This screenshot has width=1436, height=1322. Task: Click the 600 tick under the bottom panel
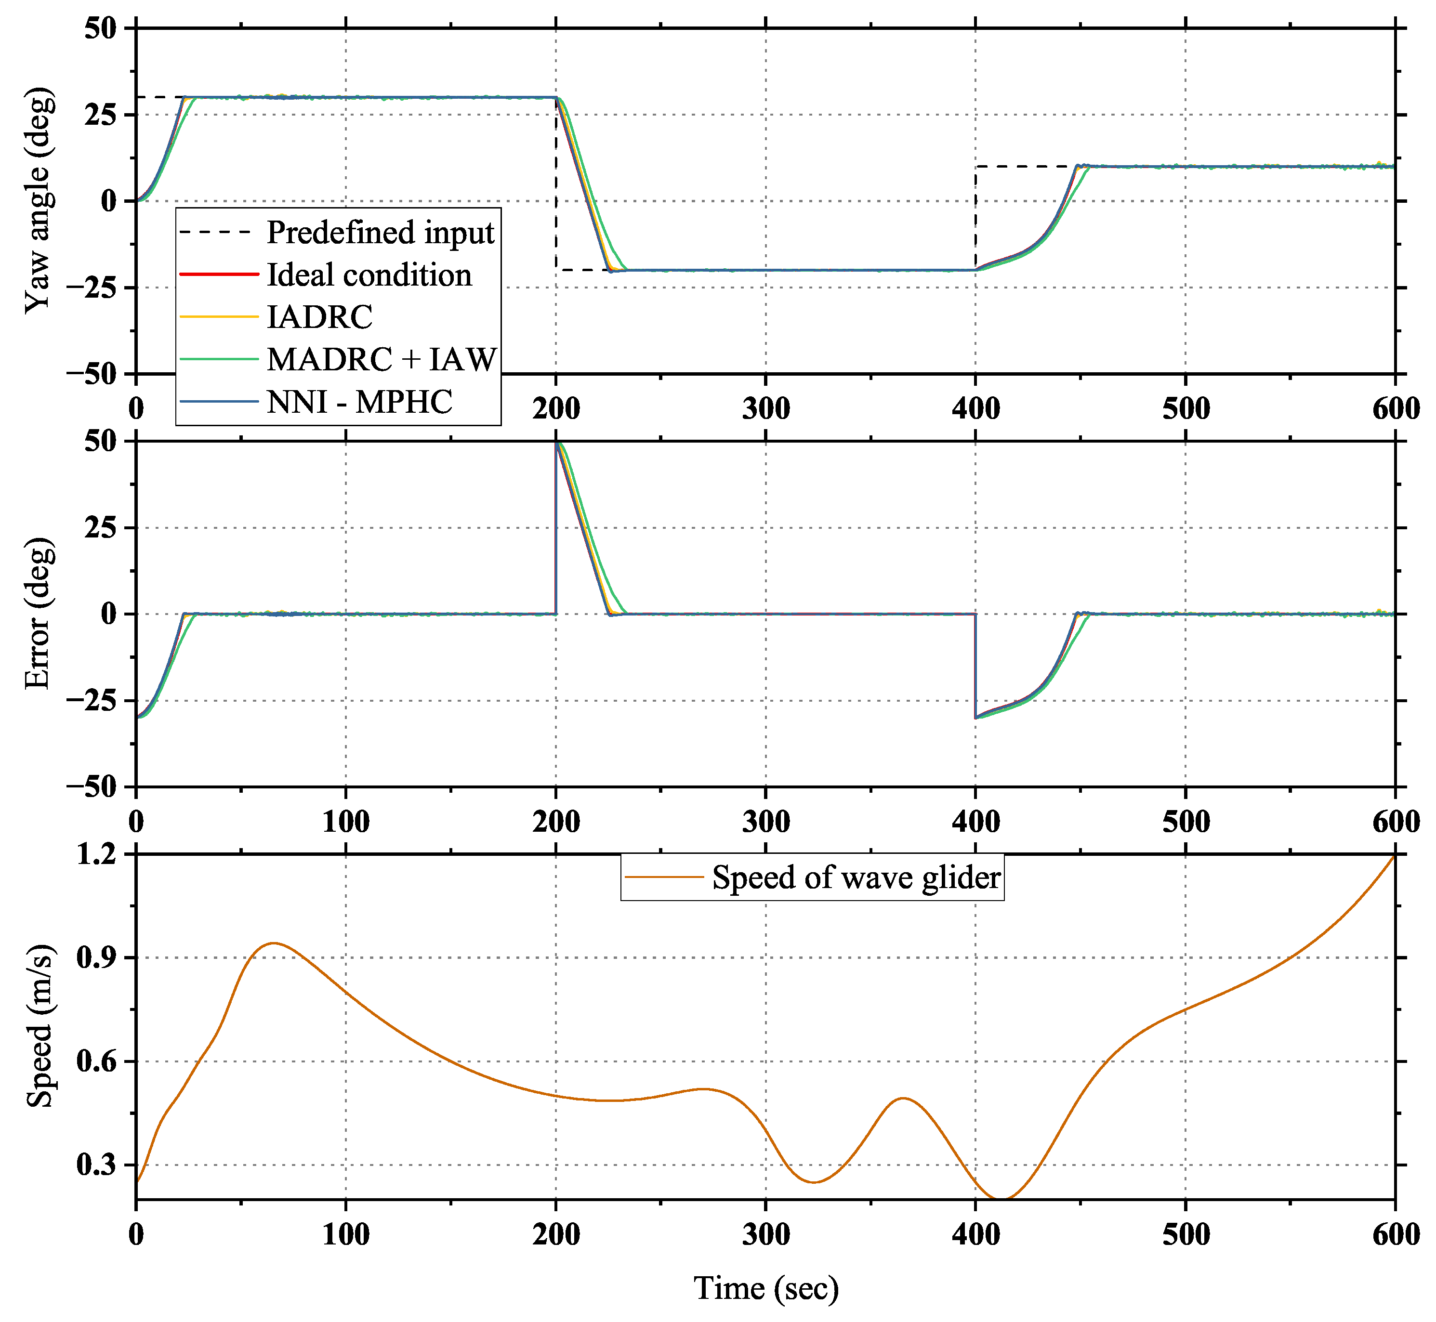(x=1395, y=1234)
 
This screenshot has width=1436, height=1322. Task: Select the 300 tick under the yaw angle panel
(x=765, y=408)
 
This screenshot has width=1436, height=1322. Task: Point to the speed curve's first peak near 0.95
(x=273, y=943)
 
